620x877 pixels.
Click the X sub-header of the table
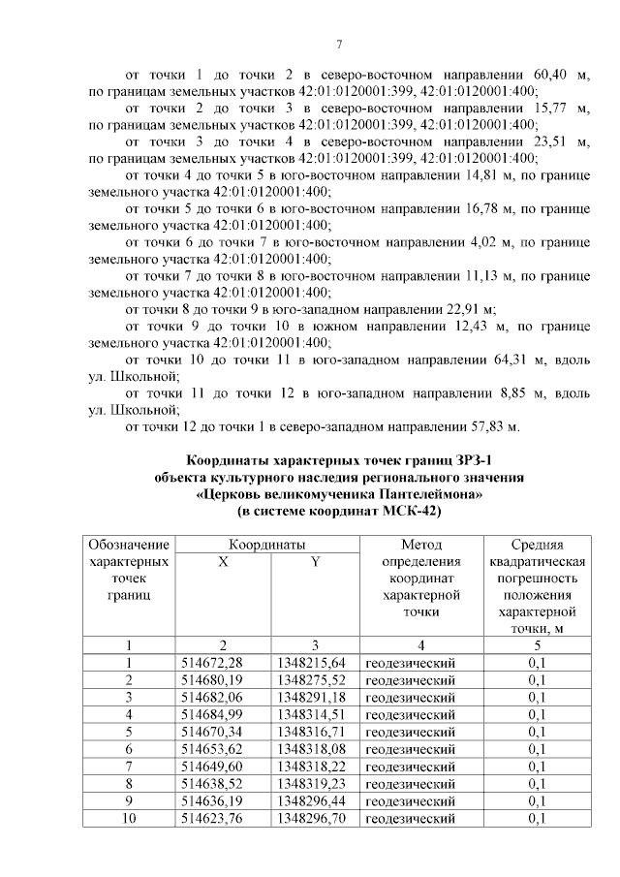(223, 562)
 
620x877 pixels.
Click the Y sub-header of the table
(314, 562)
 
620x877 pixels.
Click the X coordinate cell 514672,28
(212, 662)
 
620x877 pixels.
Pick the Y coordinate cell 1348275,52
(311, 679)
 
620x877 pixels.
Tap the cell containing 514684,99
(212, 714)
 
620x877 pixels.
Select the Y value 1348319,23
(311, 784)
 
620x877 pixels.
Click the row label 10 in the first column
(129, 819)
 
